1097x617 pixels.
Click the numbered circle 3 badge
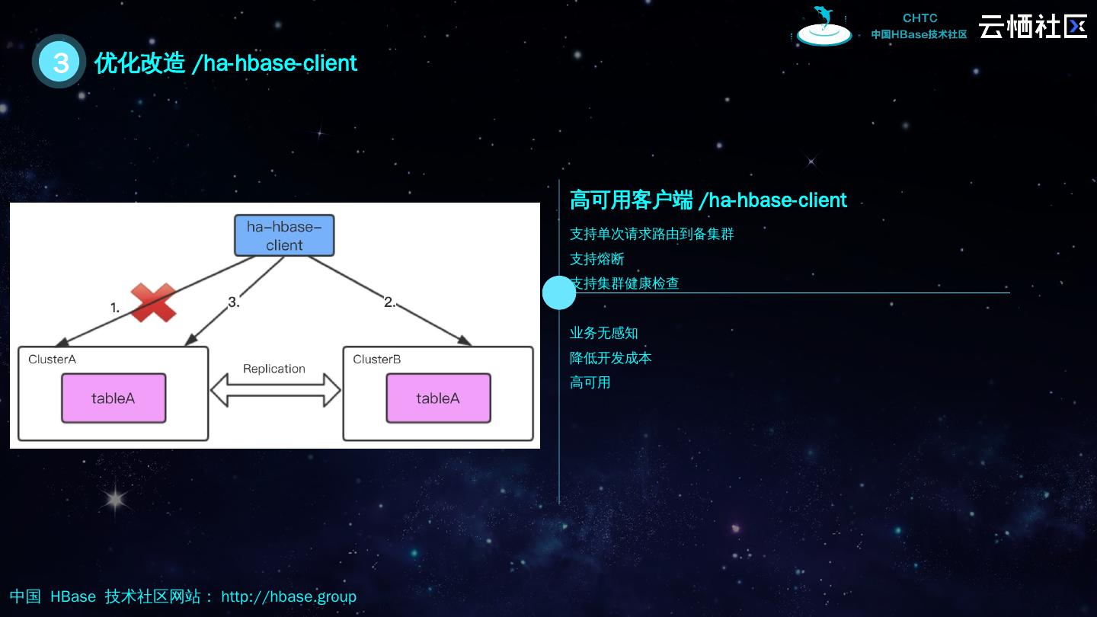[x=59, y=62]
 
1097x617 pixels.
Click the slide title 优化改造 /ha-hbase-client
[x=225, y=62]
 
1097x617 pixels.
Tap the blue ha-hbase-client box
[x=284, y=235]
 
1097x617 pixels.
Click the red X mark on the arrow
[x=153, y=302]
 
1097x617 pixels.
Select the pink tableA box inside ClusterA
[x=114, y=398]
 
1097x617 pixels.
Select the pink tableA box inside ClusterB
[x=438, y=398]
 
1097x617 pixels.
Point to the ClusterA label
[x=52, y=360]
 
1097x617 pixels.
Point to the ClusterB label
[x=377, y=360]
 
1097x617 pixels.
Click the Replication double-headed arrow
[x=275, y=390]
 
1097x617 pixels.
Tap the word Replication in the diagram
[x=274, y=369]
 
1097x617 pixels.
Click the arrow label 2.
[x=390, y=302]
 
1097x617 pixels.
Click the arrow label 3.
[x=234, y=302]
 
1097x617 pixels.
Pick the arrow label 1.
[x=115, y=308]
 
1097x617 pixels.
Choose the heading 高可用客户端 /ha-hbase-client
[x=708, y=200]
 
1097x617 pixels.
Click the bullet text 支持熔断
[x=597, y=259]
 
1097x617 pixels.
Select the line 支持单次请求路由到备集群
[x=651, y=234]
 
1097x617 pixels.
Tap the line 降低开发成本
[x=611, y=358]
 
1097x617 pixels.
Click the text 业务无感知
[x=604, y=333]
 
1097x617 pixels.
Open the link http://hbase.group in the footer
[x=289, y=596]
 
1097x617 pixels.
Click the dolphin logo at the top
[x=824, y=27]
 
